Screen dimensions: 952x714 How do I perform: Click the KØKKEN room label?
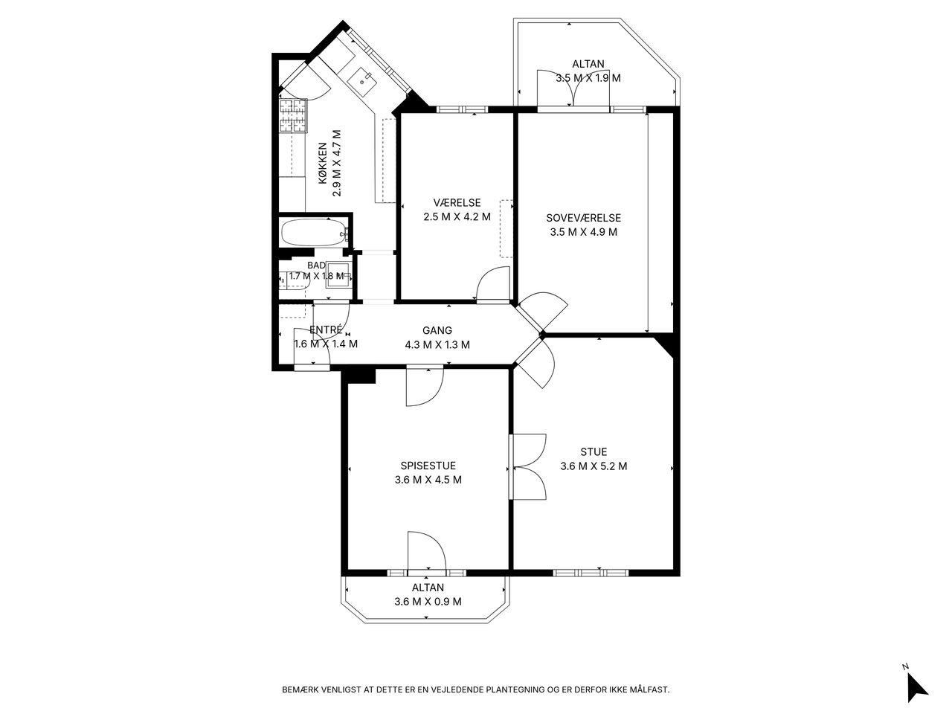pyautogui.click(x=323, y=163)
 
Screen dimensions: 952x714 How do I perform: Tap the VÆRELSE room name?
pyautogui.click(x=457, y=202)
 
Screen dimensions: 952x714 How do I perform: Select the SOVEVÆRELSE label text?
pyautogui.click(x=583, y=218)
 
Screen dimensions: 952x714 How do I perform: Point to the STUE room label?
pyautogui.click(x=594, y=451)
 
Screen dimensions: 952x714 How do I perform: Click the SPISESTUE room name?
pyautogui.click(x=428, y=466)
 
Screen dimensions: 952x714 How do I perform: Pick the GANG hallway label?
pyautogui.click(x=437, y=330)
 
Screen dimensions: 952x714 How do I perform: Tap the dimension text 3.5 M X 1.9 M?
pyautogui.click(x=588, y=78)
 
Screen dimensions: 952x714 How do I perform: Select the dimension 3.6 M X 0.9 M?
pyautogui.click(x=428, y=601)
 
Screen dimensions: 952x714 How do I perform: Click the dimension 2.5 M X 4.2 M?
pyautogui.click(x=457, y=216)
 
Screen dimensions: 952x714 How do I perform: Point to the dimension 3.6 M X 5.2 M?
pyautogui.click(x=594, y=466)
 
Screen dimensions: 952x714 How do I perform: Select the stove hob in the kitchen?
pyautogui.click(x=293, y=116)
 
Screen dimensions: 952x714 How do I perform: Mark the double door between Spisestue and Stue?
pyautogui.click(x=527, y=467)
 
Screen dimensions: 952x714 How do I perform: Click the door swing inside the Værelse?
pyautogui.click(x=493, y=284)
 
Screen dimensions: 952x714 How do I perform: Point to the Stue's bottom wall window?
pyautogui.click(x=591, y=573)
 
